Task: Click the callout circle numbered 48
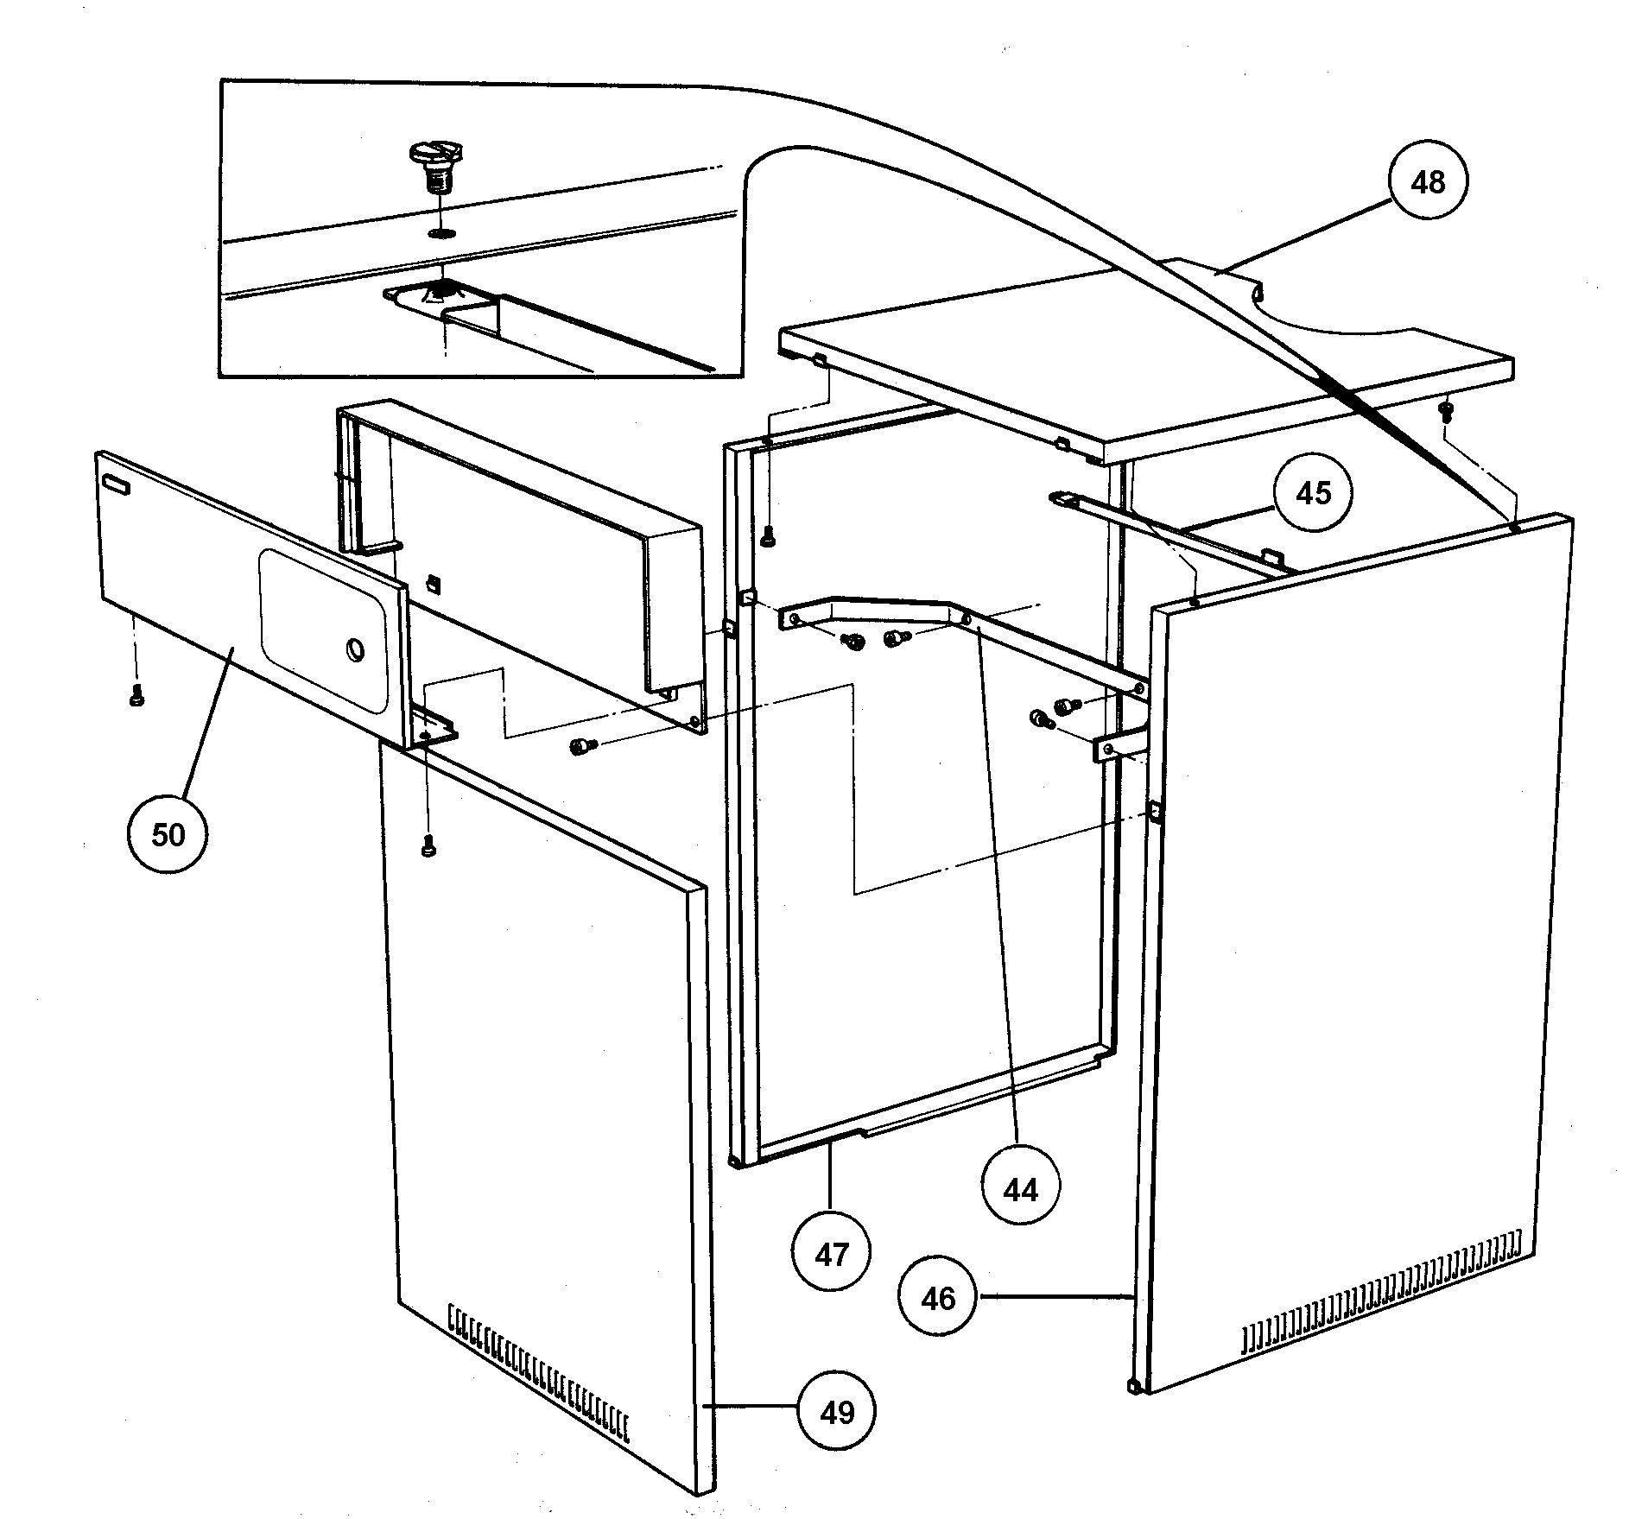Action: coord(1428,182)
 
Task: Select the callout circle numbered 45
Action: coord(1314,493)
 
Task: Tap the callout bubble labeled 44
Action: coord(1020,1190)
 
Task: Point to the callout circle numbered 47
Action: coord(832,1254)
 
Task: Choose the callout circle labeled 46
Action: coord(938,1298)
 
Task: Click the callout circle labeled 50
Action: coord(168,833)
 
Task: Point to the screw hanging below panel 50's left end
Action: coord(136,696)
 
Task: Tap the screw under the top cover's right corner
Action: coord(1444,410)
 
